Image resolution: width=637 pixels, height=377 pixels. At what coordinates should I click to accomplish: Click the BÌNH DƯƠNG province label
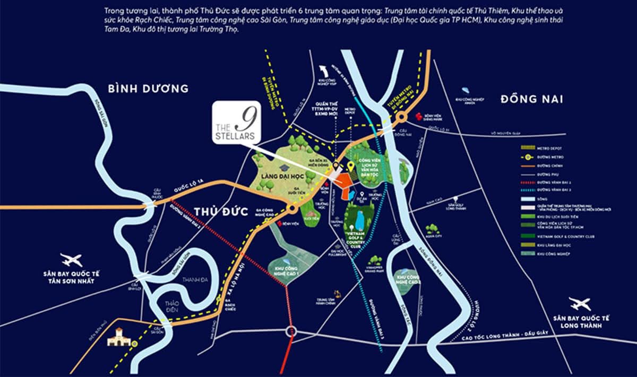coord(148,89)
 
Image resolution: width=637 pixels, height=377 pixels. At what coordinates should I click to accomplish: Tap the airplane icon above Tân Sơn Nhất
coord(72,260)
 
